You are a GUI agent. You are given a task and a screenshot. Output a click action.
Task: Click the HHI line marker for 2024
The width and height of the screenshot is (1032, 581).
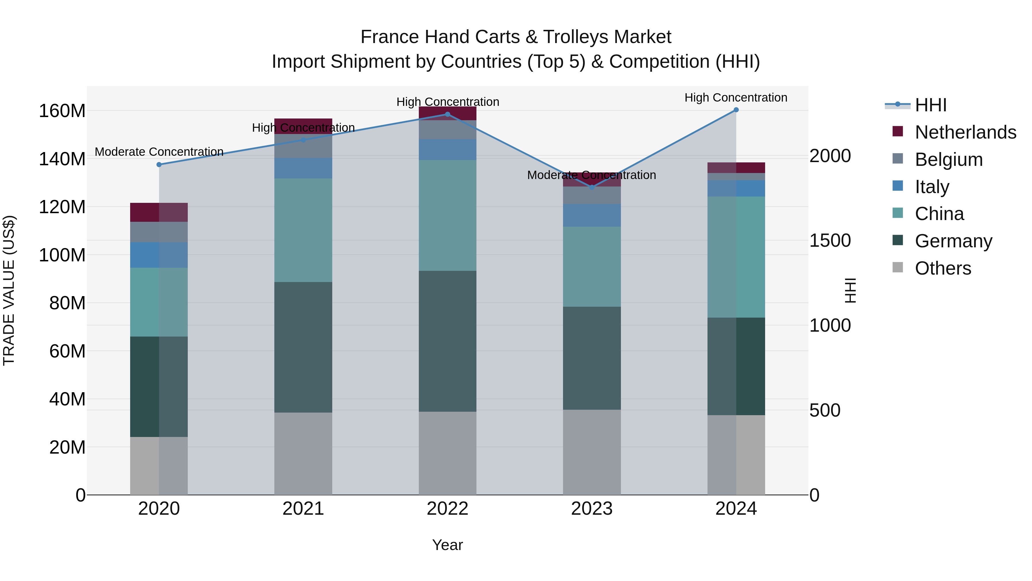click(736, 110)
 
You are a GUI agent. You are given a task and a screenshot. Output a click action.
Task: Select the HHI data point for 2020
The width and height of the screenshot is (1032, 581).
click(159, 164)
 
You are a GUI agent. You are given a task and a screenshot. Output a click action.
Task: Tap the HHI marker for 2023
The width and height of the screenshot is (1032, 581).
click(592, 187)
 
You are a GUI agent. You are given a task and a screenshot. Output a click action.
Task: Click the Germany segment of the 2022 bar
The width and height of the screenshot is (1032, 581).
click(447, 341)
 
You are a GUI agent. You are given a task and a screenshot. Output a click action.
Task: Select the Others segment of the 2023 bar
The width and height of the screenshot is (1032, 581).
click(592, 452)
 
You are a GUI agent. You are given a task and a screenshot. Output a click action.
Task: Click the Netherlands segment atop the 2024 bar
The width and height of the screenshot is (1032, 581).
click(736, 168)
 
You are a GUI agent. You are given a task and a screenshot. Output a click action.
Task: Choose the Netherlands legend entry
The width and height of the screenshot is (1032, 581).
click(965, 132)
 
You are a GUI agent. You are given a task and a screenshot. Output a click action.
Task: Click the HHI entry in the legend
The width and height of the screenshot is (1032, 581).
click(931, 105)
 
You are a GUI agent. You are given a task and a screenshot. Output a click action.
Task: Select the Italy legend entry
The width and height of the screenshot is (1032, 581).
click(932, 187)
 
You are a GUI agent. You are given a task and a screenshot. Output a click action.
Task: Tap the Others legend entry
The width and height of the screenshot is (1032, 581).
click(943, 268)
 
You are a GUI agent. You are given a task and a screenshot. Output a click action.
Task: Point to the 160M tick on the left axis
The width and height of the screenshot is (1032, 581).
click(62, 111)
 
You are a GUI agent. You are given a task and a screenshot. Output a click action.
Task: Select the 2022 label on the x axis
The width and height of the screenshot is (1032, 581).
click(447, 509)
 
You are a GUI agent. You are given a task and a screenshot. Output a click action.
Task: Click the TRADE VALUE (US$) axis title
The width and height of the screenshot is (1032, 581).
click(9, 290)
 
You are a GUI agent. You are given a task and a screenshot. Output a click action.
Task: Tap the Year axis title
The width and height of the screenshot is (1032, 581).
click(447, 545)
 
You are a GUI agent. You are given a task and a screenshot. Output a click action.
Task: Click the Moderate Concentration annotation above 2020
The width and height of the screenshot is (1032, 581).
click(159, 152)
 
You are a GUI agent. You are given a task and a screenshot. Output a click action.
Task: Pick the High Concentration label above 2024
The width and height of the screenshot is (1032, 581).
click(736, 98)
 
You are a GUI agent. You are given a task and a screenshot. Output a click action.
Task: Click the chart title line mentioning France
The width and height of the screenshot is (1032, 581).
click(516, 37)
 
